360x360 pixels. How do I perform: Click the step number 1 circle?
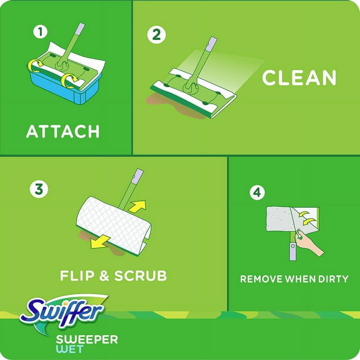(x=41, y=32)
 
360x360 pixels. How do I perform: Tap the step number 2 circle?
(x=156, y=35)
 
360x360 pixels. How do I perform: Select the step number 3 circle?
(x=39, y=189)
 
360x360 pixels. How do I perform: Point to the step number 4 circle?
(x=257, y=192)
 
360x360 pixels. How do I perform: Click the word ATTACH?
(x=63, y=131)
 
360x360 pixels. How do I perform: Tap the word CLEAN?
(x=299, y=78)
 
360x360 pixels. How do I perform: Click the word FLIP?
(x=77, y=275)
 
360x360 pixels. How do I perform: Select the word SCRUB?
(x=141, y=275)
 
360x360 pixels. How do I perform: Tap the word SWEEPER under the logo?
(x=87, y=339)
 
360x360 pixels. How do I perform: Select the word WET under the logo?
(x=69, y=349)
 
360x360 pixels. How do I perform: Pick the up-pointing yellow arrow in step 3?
(x=138, y=206)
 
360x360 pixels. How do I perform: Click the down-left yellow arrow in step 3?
(x=99, y=242)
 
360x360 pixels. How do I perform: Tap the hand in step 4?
(x=309, y=243)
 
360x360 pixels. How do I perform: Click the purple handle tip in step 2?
(x=212, y=45)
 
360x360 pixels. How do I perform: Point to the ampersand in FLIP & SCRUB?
(x=105, y=276)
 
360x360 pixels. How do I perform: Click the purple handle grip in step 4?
(x=293, y=251)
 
